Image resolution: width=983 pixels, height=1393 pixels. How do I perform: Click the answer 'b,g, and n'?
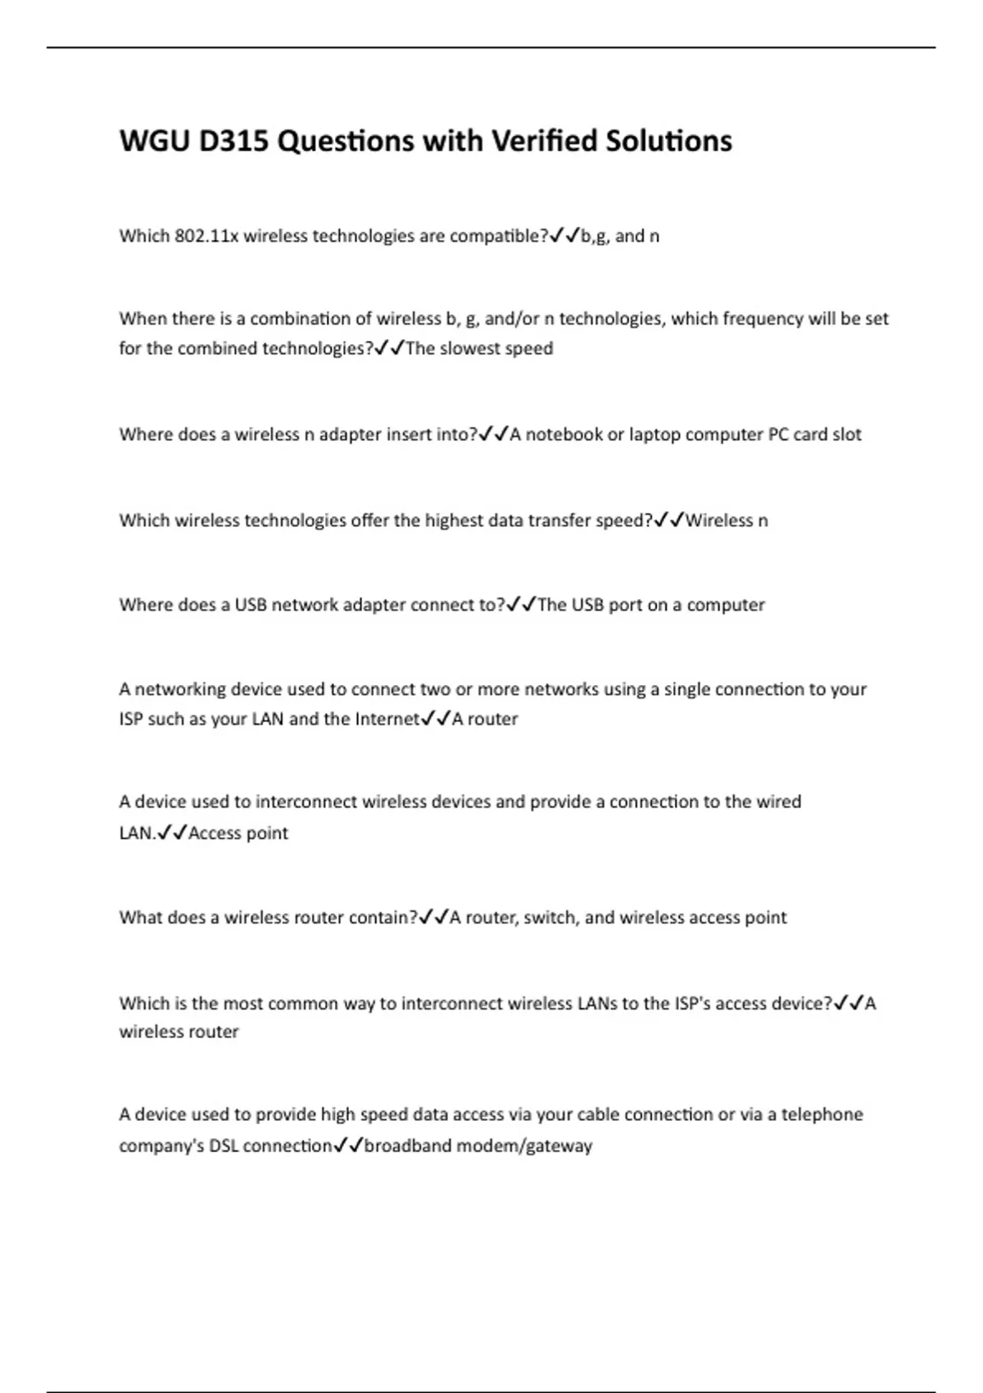tap(620, 236)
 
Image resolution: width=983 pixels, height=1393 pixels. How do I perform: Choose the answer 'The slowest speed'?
tap(480, 348)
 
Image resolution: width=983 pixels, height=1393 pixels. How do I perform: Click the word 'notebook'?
tap(564, 434)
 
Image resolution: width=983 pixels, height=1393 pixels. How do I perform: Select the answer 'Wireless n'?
tap(727, 520)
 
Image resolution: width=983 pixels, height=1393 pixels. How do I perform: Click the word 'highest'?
tap(454, 520)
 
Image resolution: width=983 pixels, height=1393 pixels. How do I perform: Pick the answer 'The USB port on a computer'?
tap(651, 605)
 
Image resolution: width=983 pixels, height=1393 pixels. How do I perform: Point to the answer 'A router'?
tap(485, 719)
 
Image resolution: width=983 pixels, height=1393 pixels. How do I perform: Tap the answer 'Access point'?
tap(238, 833)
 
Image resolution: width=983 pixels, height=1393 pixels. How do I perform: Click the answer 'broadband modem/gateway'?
tap(478, 1146)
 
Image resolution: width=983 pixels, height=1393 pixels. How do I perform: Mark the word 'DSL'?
tap(224, 1146)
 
